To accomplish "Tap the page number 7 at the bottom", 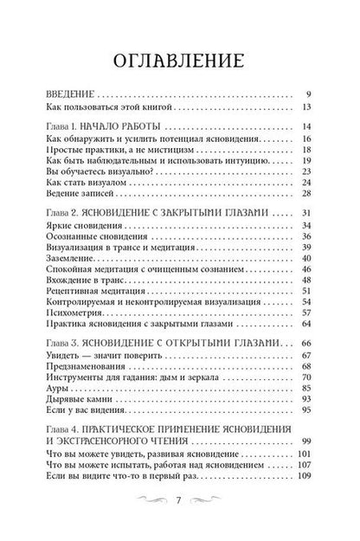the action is tap(179, 521).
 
